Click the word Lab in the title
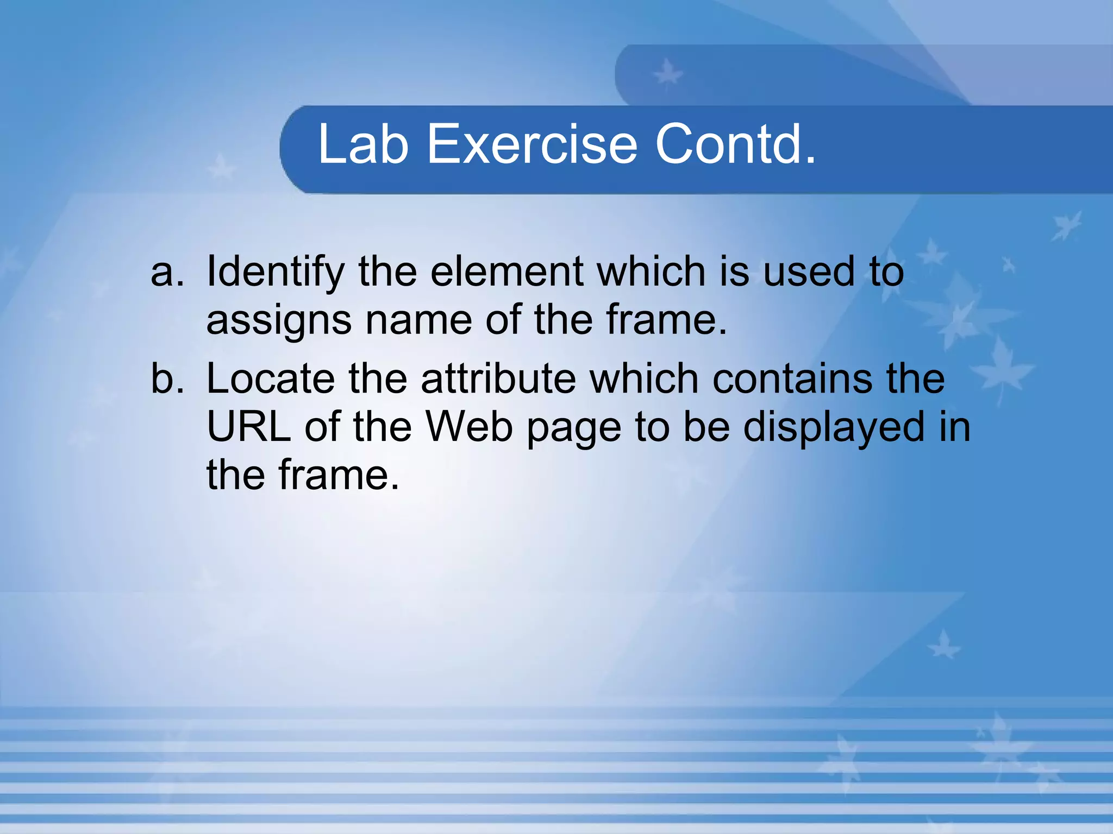point(363,144)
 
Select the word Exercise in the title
point(532,144)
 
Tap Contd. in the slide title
point(735,144)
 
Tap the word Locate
point(271,378)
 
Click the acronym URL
point(249,427)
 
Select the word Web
point(469,427)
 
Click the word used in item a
point(809,271)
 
